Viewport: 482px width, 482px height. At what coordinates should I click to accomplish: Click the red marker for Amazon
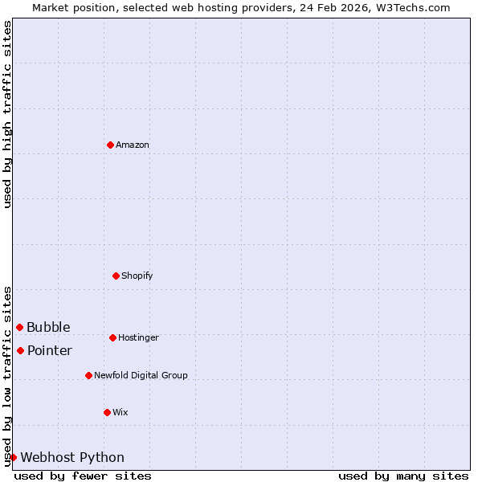click(x=110, y=145)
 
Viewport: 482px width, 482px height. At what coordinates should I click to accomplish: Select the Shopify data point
click(x=116, y=276)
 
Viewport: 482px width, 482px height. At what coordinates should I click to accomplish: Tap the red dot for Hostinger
click(x=112, y=337)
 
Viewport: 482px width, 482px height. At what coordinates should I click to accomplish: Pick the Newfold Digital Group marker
click(x=88, y=375)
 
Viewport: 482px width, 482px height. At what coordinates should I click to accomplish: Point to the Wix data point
click(x=107, y=412)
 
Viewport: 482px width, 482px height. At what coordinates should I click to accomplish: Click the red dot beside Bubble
click(x=19, y=327)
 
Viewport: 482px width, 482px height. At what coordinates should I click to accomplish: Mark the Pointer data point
click(x=20, y=350)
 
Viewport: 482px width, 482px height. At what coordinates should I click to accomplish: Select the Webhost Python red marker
click(x=13, y=457)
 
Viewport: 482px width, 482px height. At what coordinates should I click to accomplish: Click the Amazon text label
click(x=133, y=145)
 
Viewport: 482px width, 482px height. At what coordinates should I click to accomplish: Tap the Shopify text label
click(x=137, y=276)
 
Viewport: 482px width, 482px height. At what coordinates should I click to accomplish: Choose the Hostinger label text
click(x=138, y=338)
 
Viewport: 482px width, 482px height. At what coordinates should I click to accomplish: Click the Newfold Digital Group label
click(x=141, y=376)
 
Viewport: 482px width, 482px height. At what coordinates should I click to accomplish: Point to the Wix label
click(x=120, y=413)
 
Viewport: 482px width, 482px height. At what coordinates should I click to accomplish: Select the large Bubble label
click(x=48, y=328)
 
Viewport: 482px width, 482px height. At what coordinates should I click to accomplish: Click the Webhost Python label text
click(x=72, y=458)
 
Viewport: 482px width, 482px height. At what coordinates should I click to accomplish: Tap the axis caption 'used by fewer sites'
click(x=83, y=476)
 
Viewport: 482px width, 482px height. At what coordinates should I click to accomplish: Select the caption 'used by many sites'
click(x=403, y=476)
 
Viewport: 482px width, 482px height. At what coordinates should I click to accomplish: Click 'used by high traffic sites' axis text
click(x=8, y=114)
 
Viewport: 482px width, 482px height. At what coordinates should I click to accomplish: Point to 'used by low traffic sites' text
click(x=8, y=376)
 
